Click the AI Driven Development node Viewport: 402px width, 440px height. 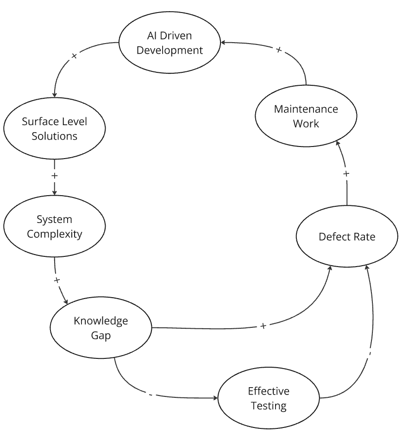click(170, 43)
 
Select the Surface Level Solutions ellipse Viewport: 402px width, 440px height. click(55, 129)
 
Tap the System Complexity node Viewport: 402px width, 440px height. click(55, 226)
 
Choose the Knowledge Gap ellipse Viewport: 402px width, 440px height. click(101, 328)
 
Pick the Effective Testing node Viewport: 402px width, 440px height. click(269, 398)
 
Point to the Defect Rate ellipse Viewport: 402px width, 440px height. click(347, 236)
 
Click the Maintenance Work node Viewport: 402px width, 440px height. click(306, 116)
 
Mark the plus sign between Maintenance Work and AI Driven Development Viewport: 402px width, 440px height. click(278, 50)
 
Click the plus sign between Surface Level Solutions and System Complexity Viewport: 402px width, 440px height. click(55, 176)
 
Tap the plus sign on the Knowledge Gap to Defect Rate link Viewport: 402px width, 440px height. click(263, 326)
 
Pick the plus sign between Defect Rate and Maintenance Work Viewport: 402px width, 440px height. click(346, 173)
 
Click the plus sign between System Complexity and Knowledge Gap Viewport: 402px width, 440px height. click(57, 280)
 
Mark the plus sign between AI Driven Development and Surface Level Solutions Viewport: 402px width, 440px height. click(74, 56)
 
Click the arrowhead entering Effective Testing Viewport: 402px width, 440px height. click(215, 398)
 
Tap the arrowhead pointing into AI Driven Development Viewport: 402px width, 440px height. click(223, 43)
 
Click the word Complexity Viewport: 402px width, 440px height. click(55, 234)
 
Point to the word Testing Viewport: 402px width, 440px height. click(269, 406)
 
